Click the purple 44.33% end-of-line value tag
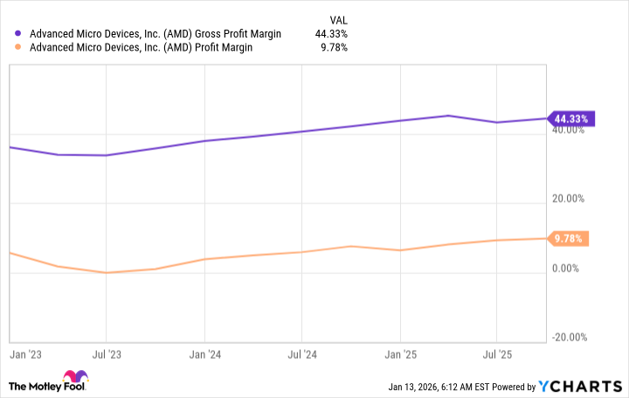click(570, 119)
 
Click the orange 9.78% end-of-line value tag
click(570, 237)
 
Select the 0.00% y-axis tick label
click(568, 268)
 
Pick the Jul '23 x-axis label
click(106, 355)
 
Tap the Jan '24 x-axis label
click(204, 355)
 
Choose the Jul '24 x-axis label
click(301, 355)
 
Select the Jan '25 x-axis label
click(400, 355)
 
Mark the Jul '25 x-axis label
click(496, 355)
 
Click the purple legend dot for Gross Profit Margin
click(19, 34)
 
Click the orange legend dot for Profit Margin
click(19, 48)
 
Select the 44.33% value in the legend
click(332, 34)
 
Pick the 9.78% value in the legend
click(335, 48)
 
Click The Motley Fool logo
click(49, 385)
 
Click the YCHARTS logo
click(580, 386)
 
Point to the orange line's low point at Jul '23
click(106, 272)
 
